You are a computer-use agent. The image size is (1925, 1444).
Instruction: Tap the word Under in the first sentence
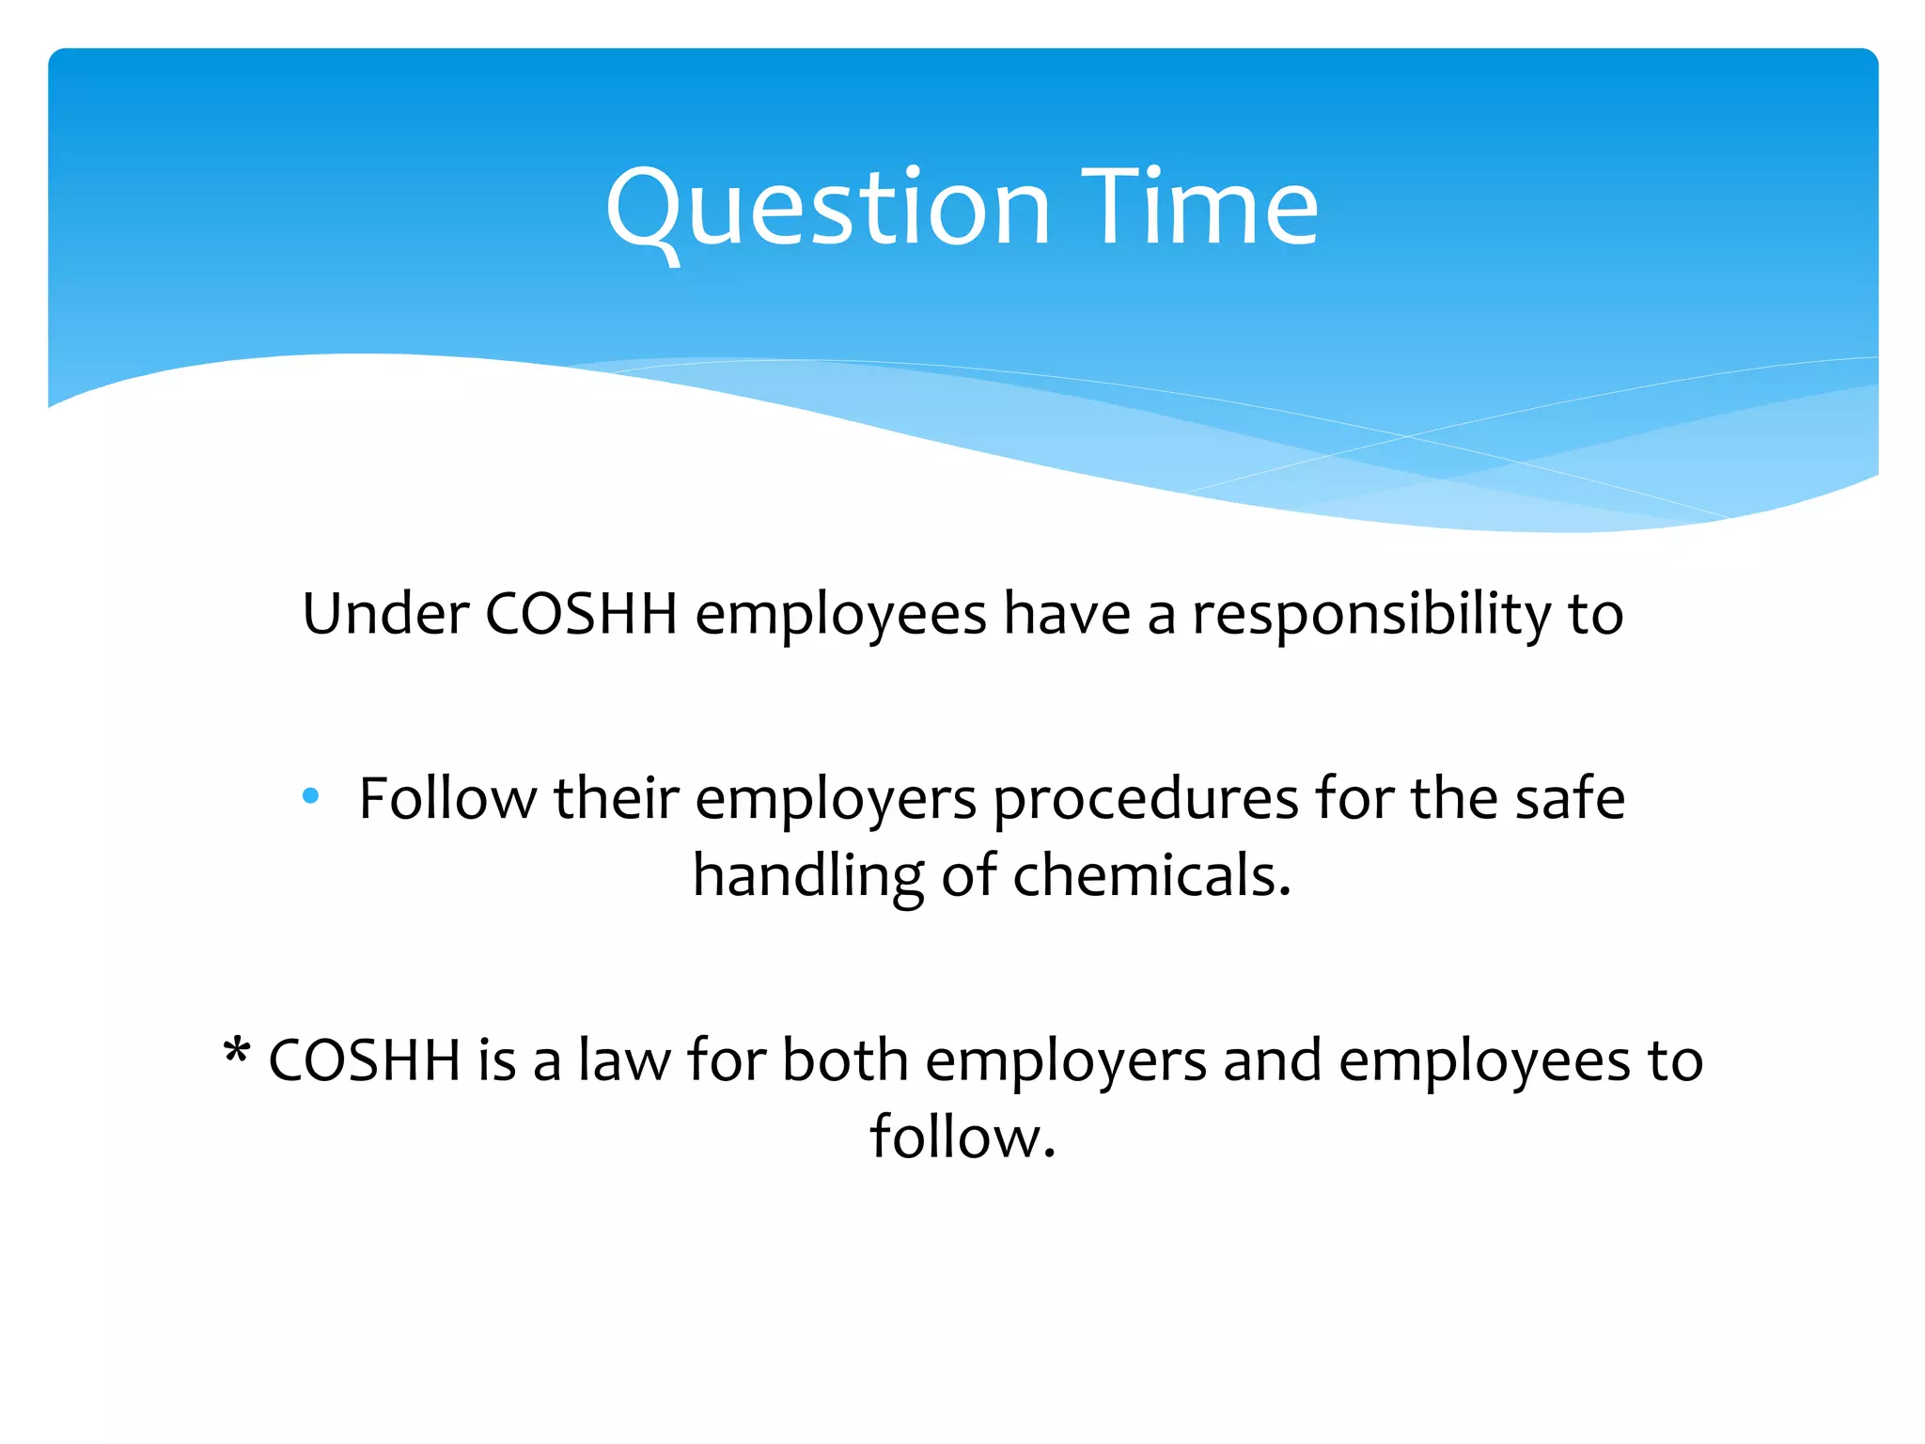385,615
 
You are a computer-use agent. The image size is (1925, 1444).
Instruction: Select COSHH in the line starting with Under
581,615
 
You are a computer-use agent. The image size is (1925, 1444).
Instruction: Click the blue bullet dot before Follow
311,797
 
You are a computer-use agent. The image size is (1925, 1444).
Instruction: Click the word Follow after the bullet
447,799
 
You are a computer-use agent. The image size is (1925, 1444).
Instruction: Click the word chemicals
1151,876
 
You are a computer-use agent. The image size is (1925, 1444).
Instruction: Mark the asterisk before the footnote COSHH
237,1051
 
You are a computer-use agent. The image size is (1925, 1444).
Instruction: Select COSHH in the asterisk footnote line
365,1060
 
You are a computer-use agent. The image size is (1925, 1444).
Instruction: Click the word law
624,1060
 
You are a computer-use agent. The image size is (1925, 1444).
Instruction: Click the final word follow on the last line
962,1138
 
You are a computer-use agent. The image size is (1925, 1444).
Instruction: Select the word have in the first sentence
1066,615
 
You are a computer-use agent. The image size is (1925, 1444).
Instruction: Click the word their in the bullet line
616,799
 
